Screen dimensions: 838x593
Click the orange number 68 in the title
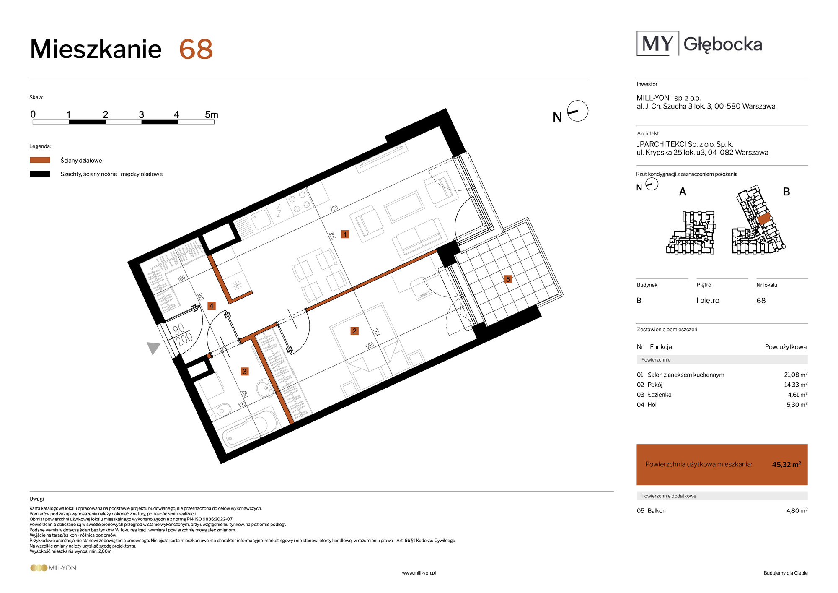tap(196, 49)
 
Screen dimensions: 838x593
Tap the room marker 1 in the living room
tap(345, 234)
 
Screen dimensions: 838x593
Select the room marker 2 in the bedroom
tap(354, 331)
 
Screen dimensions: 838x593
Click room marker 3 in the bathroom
tap(245, 372)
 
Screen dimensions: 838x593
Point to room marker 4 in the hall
tap(212, 306)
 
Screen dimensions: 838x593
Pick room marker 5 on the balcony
tap(508, 279)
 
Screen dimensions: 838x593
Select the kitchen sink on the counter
tap(261, 219)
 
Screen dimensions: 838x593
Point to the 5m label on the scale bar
tap(212, 114)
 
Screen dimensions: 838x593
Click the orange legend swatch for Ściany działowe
tap(40, 160)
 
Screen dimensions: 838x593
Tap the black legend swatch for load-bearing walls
tap(40, 174)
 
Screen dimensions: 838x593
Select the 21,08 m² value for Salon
tap(796, 375)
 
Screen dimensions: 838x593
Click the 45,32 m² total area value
tap(786, 464)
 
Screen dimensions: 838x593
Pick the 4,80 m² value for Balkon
tap(797, 510)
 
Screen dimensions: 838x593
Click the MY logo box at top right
tap(658, 43)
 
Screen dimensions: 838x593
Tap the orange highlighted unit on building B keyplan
tap(764, 218)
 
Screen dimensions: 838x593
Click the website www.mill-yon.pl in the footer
tap(419, 573)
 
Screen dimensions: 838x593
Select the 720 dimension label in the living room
tap(334, 208)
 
